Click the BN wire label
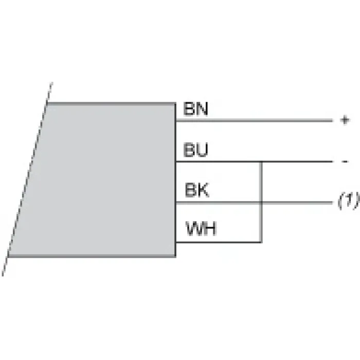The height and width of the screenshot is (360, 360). coord(195,109)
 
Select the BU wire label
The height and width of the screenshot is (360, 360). coord(195,150)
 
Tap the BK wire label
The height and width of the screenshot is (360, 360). coord(197,190)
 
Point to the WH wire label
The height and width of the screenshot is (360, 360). coord(201,228)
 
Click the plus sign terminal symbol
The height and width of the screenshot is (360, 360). coord(345,120)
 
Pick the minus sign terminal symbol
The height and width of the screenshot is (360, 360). coord(345,161)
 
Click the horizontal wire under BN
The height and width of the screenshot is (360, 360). coord(254,120)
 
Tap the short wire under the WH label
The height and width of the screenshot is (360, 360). coord(219,242)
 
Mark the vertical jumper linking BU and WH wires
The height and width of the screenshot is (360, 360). coord(261,202)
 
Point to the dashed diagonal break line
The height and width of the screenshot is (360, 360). coord(28,179)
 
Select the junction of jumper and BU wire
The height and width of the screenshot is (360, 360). coord(261,161)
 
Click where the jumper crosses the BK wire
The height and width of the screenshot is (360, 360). coord(261,203)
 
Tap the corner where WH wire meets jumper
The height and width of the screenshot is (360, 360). coord(261,242)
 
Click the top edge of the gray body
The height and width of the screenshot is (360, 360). coord(112,103)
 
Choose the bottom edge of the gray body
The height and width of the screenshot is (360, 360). coord(92,256)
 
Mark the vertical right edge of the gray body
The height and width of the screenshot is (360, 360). coord(175,180)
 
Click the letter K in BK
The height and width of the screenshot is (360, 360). coord(203,190)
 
